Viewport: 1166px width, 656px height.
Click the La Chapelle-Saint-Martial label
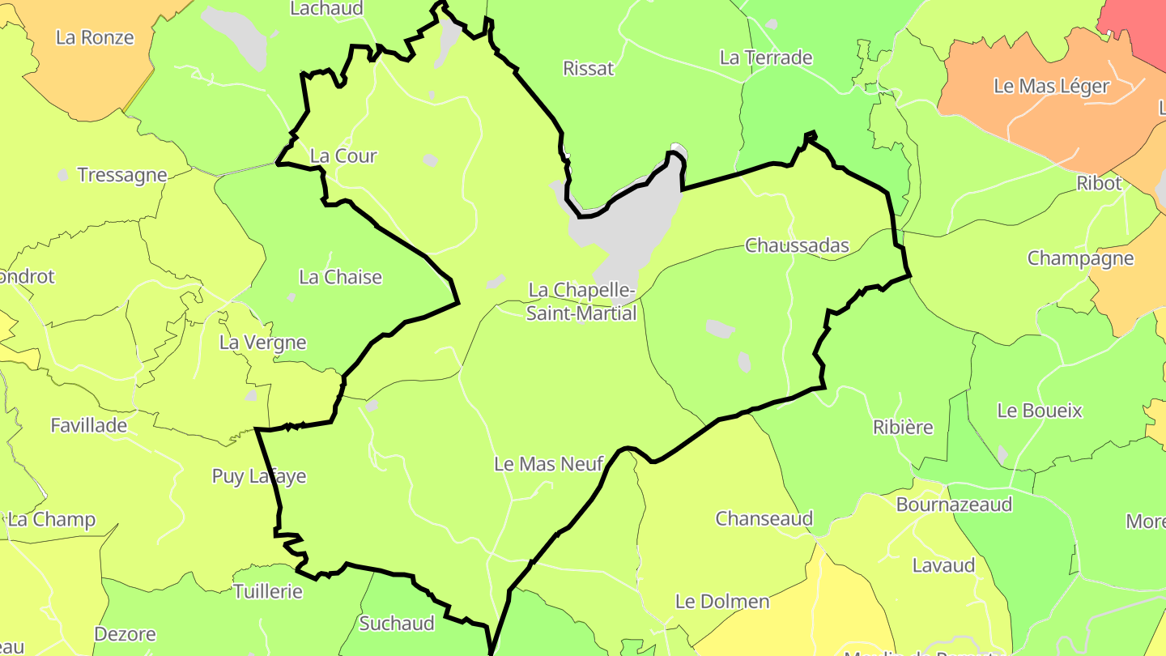pyautogui.click(x=581, y=301)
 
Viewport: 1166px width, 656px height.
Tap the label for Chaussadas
pyautogui.click(x=797, y=245)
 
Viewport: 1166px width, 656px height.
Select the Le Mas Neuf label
pyautogui.click(x=548, y=464)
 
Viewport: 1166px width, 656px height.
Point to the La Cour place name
pyautogui.click(x=343, y=155)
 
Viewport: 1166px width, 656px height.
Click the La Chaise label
pyautogui.click(x=340, y=277)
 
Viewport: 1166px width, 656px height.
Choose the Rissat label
pyautogui.click(x=589, y=69)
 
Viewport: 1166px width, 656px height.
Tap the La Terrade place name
pyautogui.click(x=766, y=58)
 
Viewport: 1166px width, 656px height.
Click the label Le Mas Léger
pyautogui.click(x=1051, y=87)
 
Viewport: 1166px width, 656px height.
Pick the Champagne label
pyautogui.click(x=1080, y=258)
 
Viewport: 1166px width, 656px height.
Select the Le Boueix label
pyautogui.click(x=1040, y=411)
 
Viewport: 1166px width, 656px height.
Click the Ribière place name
pyautogui.click(x=903, y=427)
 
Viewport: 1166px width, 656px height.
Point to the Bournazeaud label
pyautogui.click(x=954, y=505)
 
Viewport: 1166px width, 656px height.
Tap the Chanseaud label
pyautogui.click(x=764, y=518)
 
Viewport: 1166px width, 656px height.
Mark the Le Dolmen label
pyautogui.click(x=722, y=602)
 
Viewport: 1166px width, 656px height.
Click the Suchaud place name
pyautogui.click(x=397, y=624)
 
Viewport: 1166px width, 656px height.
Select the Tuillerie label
pyautogui.click(x=268, y=591)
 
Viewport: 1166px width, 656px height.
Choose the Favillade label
pyautogui.click(x=89, y=425)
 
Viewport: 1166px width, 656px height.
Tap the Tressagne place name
pyautogui.click(x=122, y=175)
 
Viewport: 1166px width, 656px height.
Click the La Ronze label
pyautogui.click(x=95, y=37)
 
